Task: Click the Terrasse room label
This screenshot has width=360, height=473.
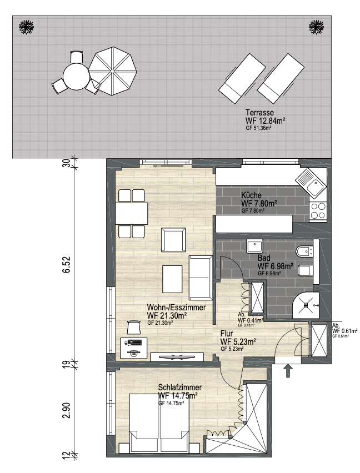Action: point(259,113)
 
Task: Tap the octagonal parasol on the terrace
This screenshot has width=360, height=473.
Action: point(112,71)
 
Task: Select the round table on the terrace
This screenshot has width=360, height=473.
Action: point(76,76)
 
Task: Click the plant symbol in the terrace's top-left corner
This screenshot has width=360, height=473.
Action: point(26,27)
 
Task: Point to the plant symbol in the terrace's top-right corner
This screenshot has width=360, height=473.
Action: point(316,27)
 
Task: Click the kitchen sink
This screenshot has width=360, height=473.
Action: point(311,183)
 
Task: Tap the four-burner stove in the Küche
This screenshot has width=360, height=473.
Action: point(318,211)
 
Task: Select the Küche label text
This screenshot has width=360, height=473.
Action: point(251,195)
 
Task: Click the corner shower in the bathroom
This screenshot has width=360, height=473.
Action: point(306,305)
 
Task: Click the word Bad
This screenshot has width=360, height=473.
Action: point(264,258)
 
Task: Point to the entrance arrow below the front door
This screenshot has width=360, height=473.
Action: point(288,371)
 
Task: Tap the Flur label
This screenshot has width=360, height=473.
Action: point(227,334)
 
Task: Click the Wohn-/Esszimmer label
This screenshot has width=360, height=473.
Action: point(176,308)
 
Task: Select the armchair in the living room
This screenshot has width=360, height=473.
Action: point(173,240)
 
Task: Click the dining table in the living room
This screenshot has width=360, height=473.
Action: point(132,214)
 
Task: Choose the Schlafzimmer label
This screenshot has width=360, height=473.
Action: point(180,388)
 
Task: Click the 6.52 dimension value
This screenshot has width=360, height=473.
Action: point(66,265)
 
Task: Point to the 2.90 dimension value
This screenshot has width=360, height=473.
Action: point(66,410)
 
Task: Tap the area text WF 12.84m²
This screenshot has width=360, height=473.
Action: point(266,120)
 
